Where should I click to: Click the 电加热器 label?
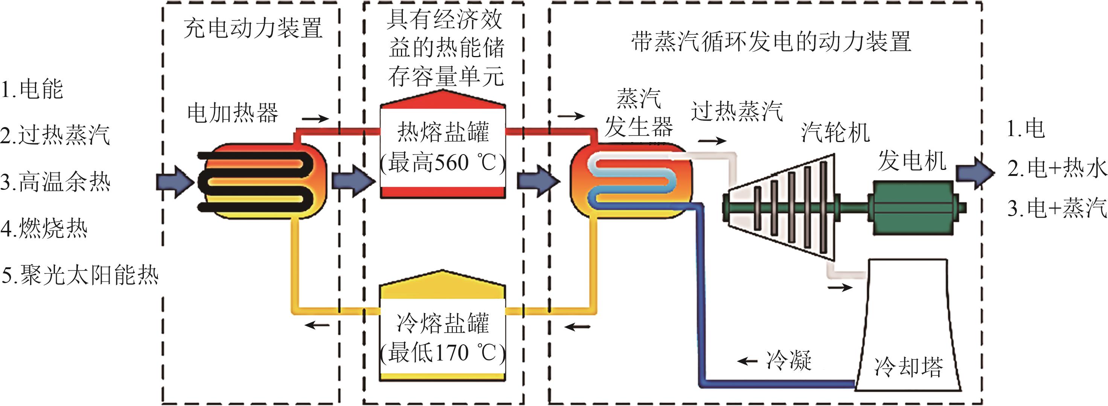tap(233, 113)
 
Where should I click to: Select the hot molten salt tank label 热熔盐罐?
tap(443, 132)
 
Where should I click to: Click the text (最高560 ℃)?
tap(443, 163)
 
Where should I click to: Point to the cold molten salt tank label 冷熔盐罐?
tap(443, 323)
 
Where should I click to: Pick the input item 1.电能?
tap(32, 89)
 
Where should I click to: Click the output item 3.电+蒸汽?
tap(1056, 208)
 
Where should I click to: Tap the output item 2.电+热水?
tap(1056, 168)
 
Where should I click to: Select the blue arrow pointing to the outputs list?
tap(975, 173)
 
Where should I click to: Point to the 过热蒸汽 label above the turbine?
tap(736, 111)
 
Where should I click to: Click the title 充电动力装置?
tap(253, 28)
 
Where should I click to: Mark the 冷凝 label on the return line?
tap(789, 360)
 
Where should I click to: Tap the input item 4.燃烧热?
tap(44, 228)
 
